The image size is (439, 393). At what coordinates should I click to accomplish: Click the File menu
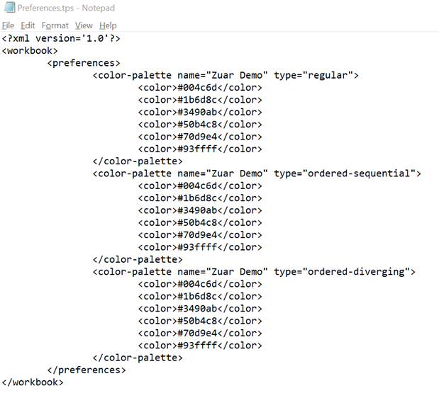click(8, 25)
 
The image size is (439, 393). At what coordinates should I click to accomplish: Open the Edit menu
click(28, 25)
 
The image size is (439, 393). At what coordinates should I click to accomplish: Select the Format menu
click(55, 25)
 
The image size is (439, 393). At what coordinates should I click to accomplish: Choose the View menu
click(84, 25)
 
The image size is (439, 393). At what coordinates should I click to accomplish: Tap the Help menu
click(108, 25)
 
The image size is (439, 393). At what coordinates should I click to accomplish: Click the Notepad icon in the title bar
click(9, 8)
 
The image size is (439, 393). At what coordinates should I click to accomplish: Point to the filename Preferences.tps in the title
click(45, 8)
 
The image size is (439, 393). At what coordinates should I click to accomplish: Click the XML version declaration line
click(61, 38)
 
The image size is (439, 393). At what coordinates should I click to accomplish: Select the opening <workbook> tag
click(30, 50)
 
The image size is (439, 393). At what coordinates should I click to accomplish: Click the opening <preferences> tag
click(84, 63)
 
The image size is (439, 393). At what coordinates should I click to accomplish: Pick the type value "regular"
click(328, 76)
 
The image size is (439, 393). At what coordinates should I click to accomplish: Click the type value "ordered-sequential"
click(359, 173)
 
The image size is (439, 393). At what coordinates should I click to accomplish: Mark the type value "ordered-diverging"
click(356, 272)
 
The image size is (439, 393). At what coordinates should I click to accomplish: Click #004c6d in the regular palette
click(197, 88)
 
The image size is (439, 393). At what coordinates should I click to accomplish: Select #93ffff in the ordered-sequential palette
click(197, 247)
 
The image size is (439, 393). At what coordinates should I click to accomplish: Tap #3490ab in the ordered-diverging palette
click(197, 309)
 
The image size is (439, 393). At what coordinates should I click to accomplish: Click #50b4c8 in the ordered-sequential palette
click(197, 222)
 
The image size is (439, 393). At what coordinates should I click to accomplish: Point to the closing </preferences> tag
click(87, 370)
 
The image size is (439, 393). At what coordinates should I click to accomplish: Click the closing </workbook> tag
click(33, 382)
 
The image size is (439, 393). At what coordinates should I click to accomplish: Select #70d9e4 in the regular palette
click(197, 137)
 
